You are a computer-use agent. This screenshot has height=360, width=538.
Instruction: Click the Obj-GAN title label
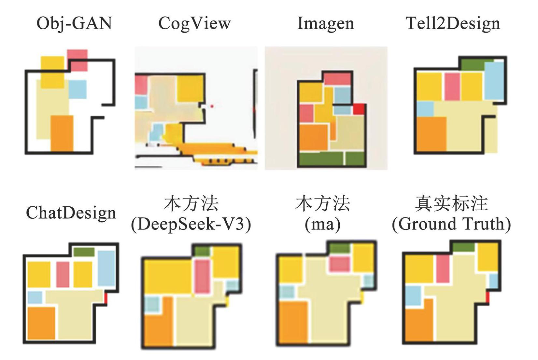coord(74,23)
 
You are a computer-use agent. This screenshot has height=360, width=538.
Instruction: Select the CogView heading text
coord(194,23)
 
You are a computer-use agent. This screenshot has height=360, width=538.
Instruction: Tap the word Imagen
coord(326,23)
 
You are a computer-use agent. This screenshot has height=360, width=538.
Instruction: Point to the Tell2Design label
coord(453,23)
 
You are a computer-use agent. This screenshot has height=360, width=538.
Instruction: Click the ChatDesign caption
coord(71,213)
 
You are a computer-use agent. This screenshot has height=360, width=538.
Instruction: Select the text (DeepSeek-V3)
coord(191,224)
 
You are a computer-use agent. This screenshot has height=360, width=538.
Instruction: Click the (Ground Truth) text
coord(451,224)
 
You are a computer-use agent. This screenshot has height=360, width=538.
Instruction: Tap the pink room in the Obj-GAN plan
coord(77,60)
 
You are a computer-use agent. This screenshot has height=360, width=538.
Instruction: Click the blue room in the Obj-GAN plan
coord(77,89)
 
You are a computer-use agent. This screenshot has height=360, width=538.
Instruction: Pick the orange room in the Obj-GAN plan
coord(62,133)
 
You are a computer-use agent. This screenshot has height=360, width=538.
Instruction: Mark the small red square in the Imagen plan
coord(359,109)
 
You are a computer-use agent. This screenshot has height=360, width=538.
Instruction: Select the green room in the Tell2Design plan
coord(473,65)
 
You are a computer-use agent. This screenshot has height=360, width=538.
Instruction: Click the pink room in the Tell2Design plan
coord(452,87)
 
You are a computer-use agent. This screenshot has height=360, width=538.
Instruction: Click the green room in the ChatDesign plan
coord(84,252)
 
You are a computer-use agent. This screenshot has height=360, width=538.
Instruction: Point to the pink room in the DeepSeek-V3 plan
coord(202,276)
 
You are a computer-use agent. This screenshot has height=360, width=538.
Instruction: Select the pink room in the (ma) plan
coord(340,264)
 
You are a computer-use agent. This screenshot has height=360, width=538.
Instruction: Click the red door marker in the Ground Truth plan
coord(488,298)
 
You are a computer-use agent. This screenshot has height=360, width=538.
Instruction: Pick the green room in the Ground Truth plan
coord(464,247)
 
